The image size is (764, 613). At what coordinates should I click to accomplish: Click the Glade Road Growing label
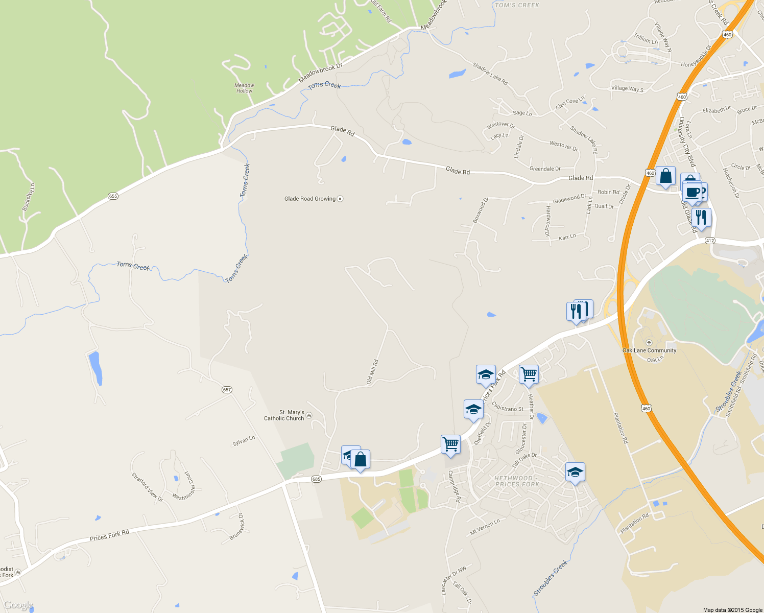(310, 199)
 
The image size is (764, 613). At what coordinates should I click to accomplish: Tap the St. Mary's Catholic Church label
(284, 415)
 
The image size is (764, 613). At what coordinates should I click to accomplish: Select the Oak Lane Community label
(649, 350)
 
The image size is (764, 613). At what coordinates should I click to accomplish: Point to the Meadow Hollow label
(244, 88)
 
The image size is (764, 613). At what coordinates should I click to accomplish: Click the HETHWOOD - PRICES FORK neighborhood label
(517, 481)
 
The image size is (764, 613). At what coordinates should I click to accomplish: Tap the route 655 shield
(113, 196)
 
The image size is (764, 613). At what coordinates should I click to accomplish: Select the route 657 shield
(227, 390)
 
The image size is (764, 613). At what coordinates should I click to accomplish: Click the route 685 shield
(316, 479)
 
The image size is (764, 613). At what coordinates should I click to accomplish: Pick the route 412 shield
(709, 241)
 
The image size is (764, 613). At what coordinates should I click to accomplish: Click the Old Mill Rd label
(372, 372)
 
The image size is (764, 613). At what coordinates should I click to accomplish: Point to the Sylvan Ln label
(244, 441)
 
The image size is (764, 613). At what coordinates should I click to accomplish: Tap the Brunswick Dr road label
(237, 527)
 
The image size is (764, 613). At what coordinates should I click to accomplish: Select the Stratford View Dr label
(147, 487)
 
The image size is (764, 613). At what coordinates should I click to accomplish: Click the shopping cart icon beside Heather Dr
(529, 374)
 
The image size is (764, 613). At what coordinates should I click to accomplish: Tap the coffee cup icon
(693, 193)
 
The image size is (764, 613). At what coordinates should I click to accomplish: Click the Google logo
(18, 605)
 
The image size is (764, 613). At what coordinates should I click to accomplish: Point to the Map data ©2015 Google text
(732, 610)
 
